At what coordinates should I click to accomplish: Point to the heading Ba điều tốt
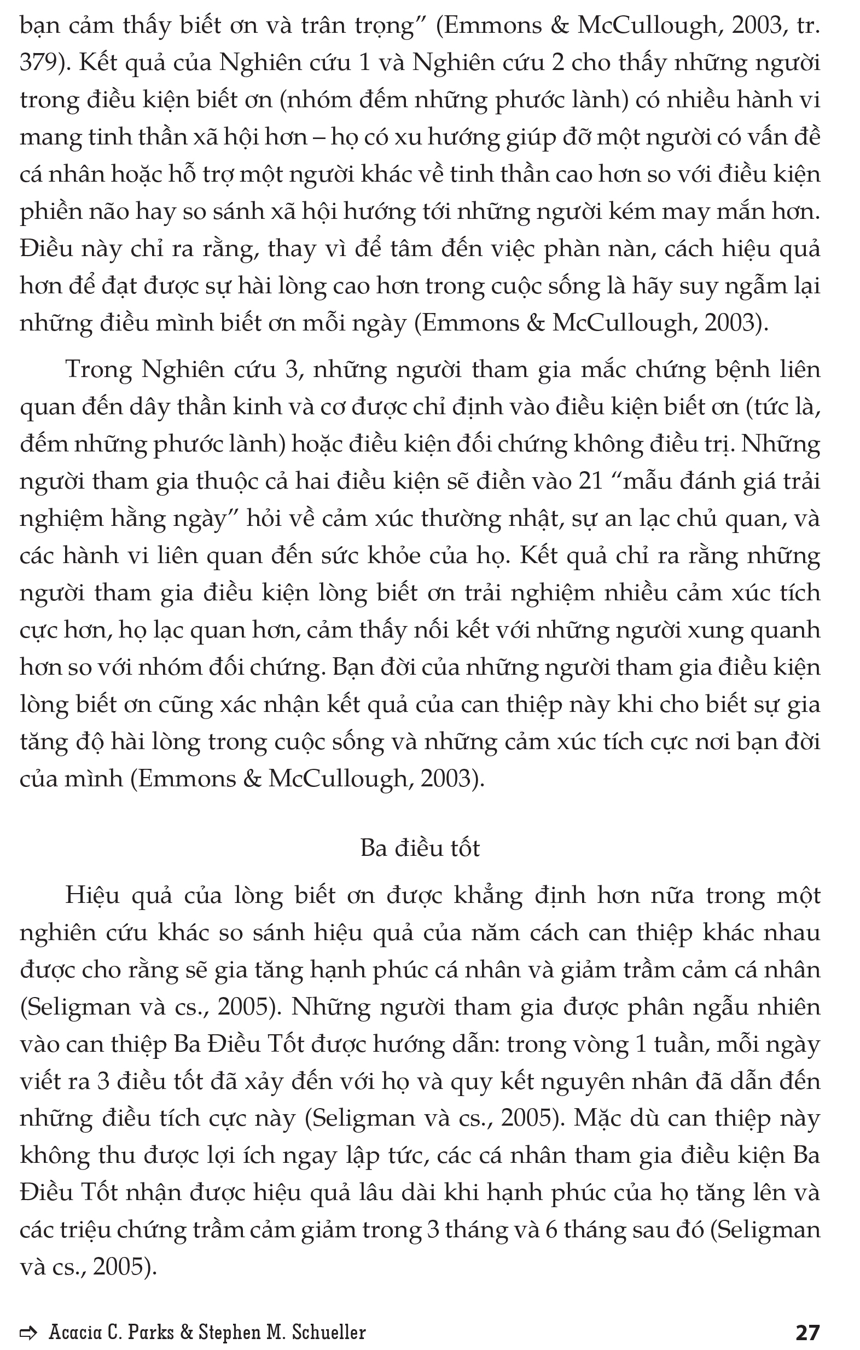pos(420,848)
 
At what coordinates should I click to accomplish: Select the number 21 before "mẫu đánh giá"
pos(590,481)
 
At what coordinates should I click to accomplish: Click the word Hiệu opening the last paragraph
pos(92,895)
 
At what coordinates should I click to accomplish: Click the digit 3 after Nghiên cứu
pos(291,369)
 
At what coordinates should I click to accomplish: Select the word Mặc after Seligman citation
pos(597,1119)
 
